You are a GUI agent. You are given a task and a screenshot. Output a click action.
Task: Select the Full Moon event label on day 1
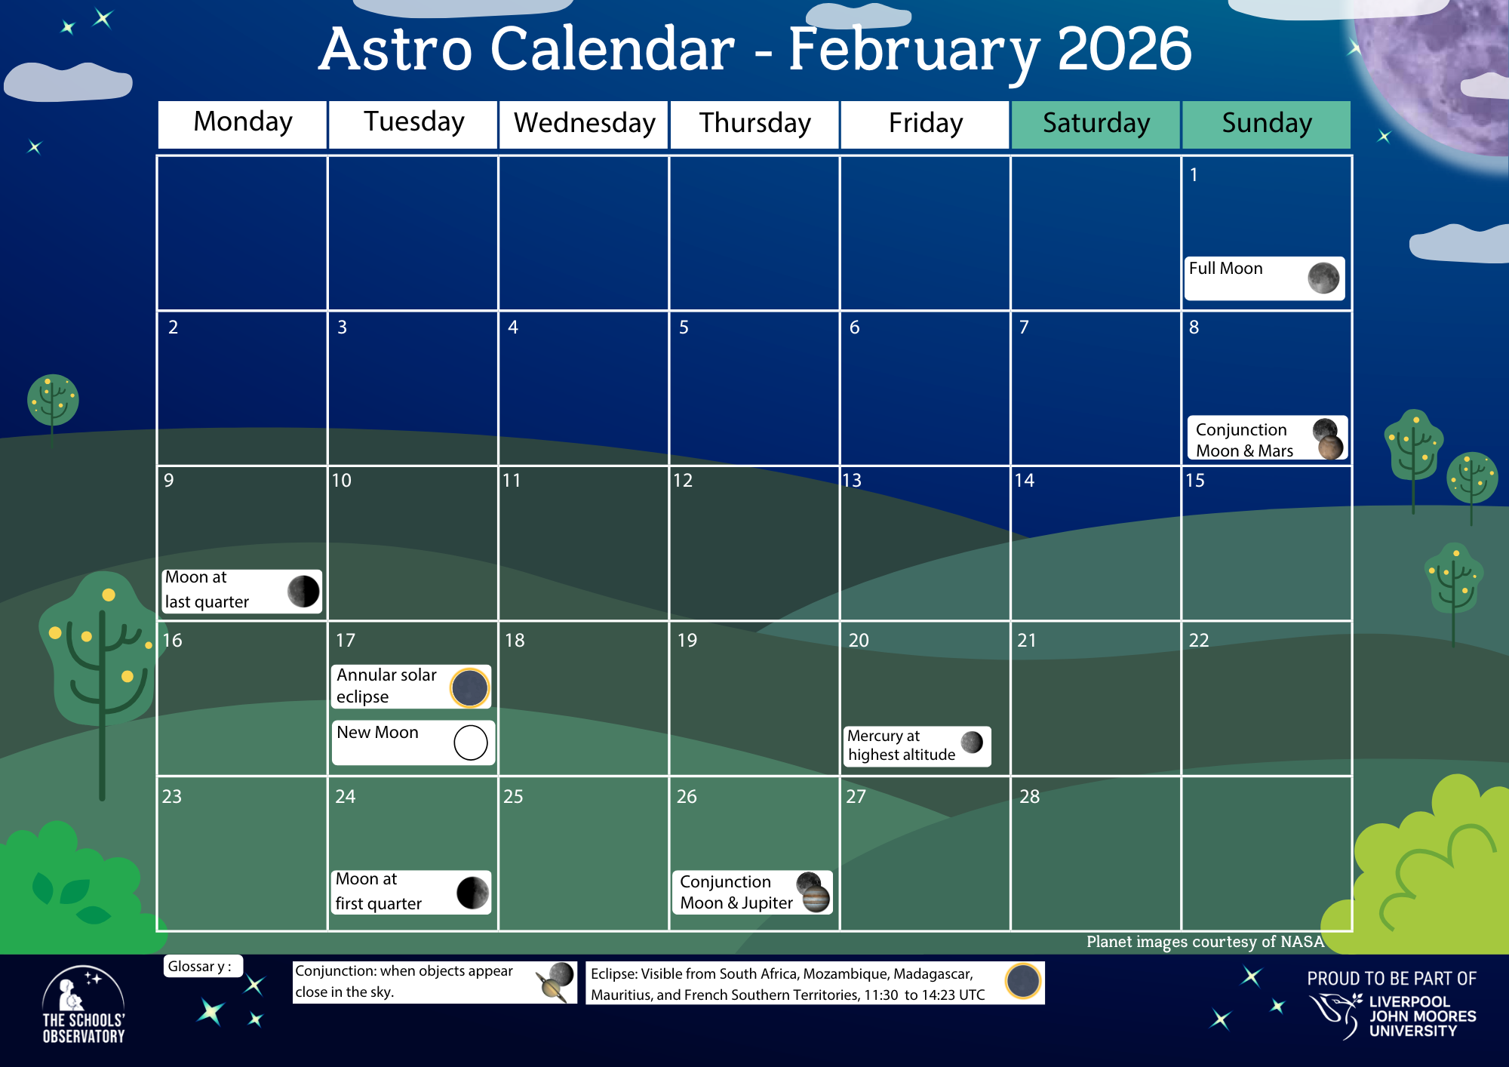1226,269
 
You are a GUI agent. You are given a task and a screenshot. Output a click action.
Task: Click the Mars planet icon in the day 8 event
1331,447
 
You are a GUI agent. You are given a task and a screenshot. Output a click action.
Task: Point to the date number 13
852,481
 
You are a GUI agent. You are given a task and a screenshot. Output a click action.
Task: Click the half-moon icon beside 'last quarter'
303,591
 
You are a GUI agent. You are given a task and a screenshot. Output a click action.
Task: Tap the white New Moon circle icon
471,743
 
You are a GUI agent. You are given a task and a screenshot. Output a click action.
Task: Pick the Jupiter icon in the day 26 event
816,899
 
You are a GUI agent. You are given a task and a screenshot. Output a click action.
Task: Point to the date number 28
1029,797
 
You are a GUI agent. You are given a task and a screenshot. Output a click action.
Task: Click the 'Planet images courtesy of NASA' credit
1205,942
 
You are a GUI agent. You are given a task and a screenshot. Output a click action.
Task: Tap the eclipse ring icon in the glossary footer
1023,981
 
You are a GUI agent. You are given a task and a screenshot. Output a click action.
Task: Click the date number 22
1199,641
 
